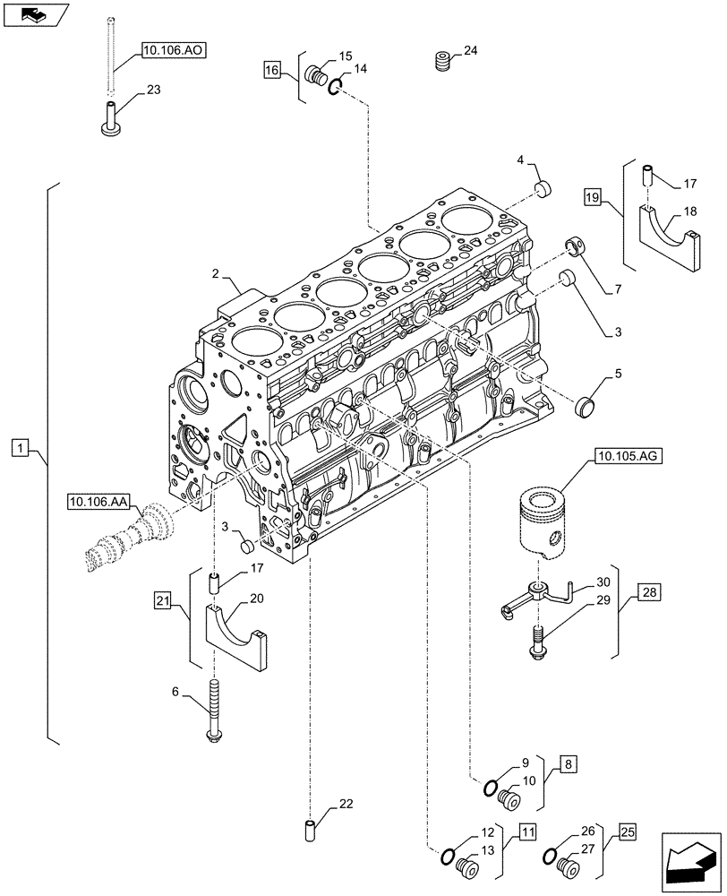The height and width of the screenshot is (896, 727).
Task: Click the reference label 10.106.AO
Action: point(174,51)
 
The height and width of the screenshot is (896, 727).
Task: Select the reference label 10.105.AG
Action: point(624,457)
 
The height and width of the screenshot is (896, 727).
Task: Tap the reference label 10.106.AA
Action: point(98,501)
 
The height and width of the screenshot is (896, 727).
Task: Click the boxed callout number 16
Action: point(272,69)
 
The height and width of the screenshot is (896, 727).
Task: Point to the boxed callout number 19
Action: point(592,196)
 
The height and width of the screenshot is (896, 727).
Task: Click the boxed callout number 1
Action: point(21,446)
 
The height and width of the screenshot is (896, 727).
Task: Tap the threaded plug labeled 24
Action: point(442,62)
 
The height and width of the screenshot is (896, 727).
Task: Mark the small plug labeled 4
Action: point(543,189)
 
